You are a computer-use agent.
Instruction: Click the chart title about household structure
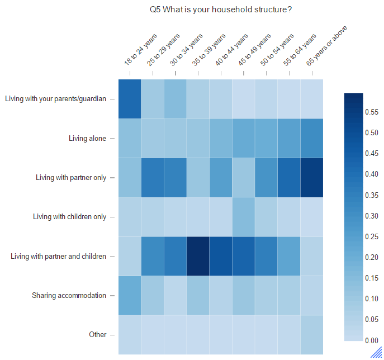click(221, 10)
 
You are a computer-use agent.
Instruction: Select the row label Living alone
click(87, 139)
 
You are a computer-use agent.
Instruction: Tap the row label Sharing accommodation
click(69, 295)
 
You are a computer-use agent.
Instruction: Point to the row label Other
click(97, 334)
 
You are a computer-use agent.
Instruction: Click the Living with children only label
click(69, 217)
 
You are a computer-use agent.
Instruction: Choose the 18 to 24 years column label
click(140, 50)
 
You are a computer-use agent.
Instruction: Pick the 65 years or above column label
click(326, 46)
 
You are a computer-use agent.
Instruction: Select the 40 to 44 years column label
click(231, 50)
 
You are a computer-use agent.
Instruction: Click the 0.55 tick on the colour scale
click(372, 112)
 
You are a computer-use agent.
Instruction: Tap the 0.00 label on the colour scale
click(372, 340)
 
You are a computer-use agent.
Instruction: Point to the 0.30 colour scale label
click(372, 216)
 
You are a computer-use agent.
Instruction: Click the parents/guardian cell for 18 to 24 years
click(130, 99)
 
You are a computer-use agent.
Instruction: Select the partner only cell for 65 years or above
click(312, 178)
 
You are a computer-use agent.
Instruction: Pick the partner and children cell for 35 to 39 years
click(198, 256)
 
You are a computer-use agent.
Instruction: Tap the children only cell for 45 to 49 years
click(244, 217)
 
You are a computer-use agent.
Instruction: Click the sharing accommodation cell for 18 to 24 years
click(130, 296)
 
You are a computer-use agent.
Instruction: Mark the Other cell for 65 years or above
click(312, 335)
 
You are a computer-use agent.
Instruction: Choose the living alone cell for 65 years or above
click(312, 139)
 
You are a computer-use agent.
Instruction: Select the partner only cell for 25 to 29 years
click(153, 178)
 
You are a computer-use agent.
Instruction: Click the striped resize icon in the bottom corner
click(377, 353)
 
